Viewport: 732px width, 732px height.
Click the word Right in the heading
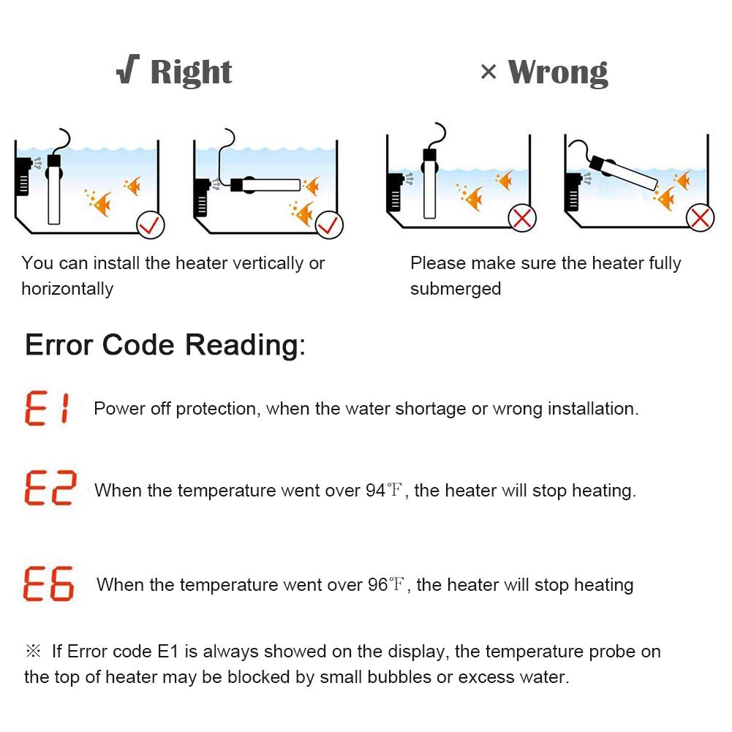191,72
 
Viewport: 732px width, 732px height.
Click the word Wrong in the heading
558,72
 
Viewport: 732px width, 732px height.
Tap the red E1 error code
48,408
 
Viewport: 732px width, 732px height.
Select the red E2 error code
50,488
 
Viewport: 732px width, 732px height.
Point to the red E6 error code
48,583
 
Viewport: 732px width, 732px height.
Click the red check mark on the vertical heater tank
151,225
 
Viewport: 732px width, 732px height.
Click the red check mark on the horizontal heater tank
329,225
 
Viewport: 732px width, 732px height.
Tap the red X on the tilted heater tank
700,218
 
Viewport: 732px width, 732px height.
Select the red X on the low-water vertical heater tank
522,217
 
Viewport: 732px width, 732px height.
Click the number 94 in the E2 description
375,491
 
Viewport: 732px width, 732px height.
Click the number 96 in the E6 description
377,585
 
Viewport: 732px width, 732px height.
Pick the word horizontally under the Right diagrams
67,289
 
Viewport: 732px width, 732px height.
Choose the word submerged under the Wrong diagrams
456,289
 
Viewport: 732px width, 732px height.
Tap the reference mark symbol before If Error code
33,651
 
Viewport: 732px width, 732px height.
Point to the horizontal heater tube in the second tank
265,185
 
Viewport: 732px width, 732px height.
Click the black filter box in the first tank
23,176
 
